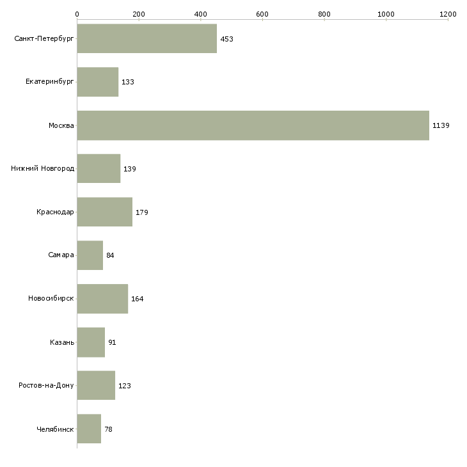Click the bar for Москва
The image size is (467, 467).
(253, 125)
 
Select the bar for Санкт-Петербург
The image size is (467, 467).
(146, 39)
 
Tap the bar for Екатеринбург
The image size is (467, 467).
(97, 82)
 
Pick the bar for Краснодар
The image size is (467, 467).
(104, 212)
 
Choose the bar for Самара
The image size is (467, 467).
(90, 255)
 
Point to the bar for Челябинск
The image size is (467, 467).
(89, 429)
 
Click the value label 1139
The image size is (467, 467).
(441, 125)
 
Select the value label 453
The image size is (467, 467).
(226, 39)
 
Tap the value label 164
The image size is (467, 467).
(137, 299)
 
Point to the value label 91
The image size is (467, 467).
(112, 342)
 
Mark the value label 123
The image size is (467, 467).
(124, 386)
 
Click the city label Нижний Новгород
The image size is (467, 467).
(42, 169)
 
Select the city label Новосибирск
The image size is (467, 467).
(51, 299)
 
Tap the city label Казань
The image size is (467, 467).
(62, 342)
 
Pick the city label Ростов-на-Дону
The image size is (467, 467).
(46, 386)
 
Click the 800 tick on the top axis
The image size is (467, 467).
(324, 13)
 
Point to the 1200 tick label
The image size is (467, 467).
(448, 13)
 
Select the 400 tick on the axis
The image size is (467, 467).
(200, 13)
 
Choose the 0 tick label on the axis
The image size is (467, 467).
(77, 13)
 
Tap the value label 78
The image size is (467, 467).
(108, 429)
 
